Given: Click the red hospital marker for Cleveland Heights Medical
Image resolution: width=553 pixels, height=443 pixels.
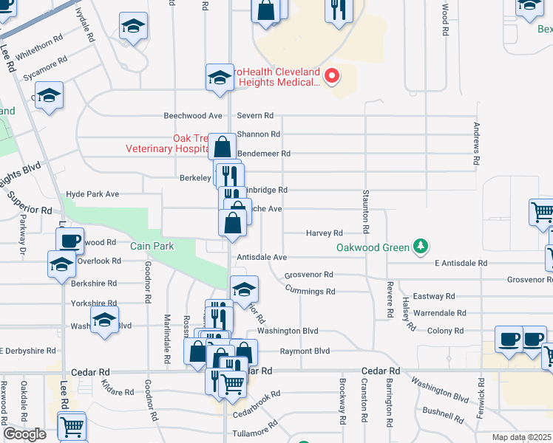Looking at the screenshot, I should tap(332, 76).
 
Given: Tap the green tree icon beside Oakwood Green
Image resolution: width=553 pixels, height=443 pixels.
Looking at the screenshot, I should tap(420, 246).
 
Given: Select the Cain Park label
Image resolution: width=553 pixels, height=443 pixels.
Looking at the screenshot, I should tap(153, 246).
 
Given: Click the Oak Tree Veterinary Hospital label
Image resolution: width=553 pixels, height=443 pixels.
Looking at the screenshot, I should tap(166, 143).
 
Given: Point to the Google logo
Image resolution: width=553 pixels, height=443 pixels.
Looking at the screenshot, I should tap(24, 434).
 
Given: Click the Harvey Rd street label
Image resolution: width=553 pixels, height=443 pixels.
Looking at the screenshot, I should tap(325, 233).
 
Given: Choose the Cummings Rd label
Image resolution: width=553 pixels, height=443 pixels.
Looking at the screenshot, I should tap(310, 291).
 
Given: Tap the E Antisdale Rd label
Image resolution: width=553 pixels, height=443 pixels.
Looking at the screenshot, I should tap(461, 263).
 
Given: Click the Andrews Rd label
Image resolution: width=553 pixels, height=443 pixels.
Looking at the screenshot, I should tap(477, 144).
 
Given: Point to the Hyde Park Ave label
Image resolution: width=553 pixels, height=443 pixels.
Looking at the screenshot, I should tap(92, 194).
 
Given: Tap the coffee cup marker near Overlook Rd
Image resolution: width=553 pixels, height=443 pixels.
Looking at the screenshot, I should tap(70, 241).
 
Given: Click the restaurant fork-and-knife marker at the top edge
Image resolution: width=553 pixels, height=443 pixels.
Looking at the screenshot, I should tap(339, 10).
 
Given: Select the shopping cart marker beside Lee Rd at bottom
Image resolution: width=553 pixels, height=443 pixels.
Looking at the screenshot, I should tap(71, 426).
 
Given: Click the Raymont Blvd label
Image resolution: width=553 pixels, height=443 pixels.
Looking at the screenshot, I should tap(304, 351).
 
